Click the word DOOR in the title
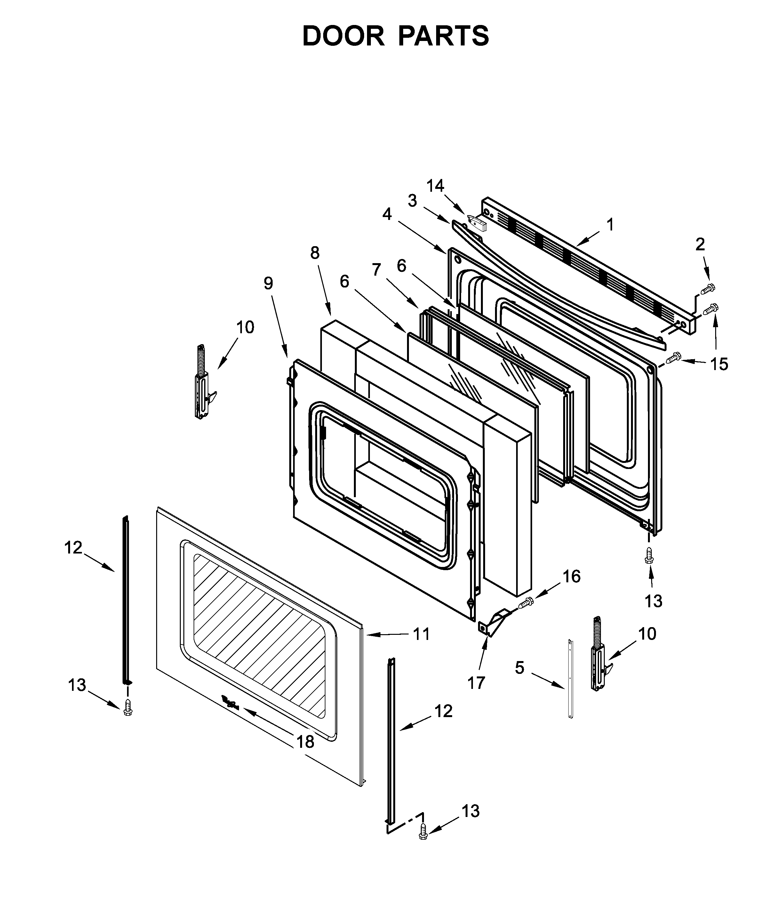pyautogui.click(x=343, y=36)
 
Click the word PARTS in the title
pyautogui.click(x=443, y=36)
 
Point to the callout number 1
pyautogui.click(x=611, y=225)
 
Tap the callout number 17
pyautogui.click(x=476, y=683)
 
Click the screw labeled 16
pyautogui.click(x=526, y=603)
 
